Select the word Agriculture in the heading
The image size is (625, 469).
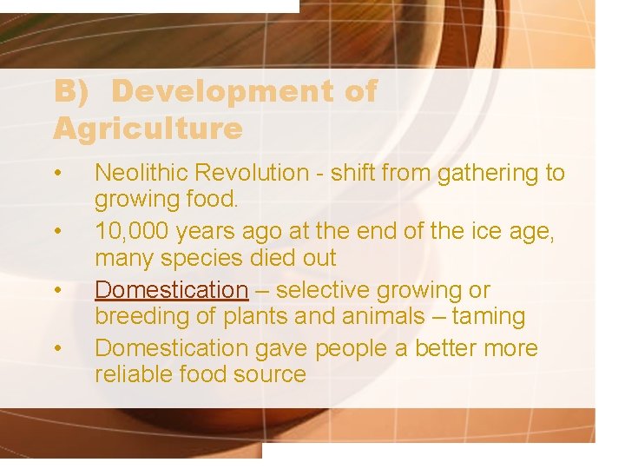[148, 129]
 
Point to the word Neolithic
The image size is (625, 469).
[141, 174]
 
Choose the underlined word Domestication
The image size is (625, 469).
[171, 290]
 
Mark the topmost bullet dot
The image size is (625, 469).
[57, 174]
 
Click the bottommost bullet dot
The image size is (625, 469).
[57, 349]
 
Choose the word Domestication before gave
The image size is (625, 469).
[171, 349]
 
